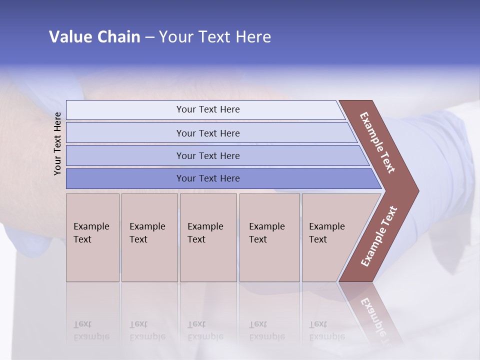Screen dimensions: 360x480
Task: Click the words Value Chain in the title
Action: [x=94, y=37]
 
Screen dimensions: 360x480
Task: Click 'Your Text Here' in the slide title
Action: [x=215, y=37]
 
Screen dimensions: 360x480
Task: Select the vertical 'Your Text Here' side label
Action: [x=57, y=143]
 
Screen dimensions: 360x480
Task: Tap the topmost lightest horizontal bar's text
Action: [x=208, y=109]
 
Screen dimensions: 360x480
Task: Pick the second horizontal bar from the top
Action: [x=208, y=133]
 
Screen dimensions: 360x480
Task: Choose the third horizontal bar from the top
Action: [x=208, y=156]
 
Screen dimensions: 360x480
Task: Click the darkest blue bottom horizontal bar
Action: [x=208, y=178]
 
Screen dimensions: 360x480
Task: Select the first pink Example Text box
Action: [x=92, y=237]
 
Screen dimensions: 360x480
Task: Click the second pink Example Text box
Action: [x=149, y=237]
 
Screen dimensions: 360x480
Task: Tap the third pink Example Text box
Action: [x=207, y=237]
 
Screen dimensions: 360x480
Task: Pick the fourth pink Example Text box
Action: [x=269, y=237]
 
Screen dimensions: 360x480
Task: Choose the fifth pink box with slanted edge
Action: [x=330, y=237]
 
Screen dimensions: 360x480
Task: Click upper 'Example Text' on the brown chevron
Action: [x=377, y=142]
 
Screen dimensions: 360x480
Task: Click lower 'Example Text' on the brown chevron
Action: [x=379, y=236]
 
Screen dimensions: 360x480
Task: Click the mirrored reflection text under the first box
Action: [x=91, y=330]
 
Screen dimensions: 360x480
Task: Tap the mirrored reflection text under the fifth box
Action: [x=327, y=330]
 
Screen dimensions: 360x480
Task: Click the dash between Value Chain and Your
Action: [x=149, y=37]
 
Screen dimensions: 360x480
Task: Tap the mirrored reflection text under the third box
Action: [x=205, y=330]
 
